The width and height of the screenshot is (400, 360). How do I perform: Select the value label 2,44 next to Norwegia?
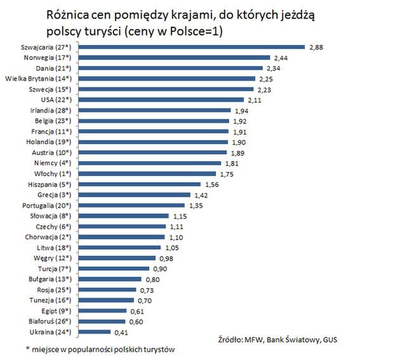click(x=282, y=57)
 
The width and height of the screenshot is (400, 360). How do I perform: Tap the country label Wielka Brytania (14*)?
click(x=39, y=78)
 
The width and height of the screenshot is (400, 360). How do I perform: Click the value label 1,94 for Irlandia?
click(x=241, y=110)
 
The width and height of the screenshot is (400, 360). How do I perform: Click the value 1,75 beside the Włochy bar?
click(x=227, y=173)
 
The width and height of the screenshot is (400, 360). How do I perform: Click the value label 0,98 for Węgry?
click(x=165, y=258)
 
